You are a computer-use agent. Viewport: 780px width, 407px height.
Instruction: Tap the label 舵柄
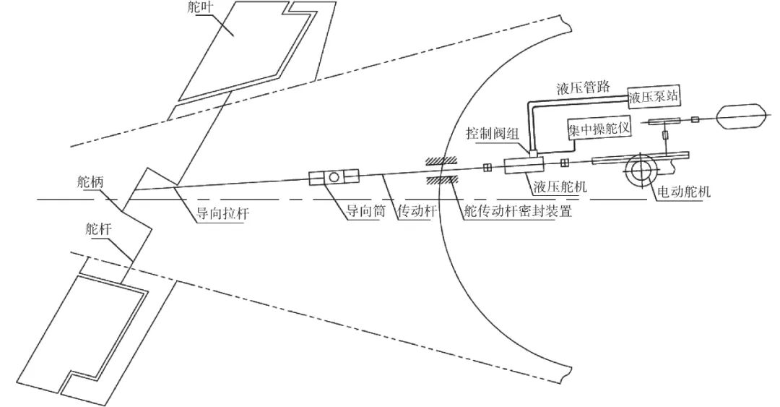(90, 181)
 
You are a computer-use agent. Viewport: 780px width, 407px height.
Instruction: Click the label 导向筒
(361, 213)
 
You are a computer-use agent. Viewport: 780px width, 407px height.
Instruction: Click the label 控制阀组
(491, 134)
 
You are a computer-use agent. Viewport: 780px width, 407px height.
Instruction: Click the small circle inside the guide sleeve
(334, 177)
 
